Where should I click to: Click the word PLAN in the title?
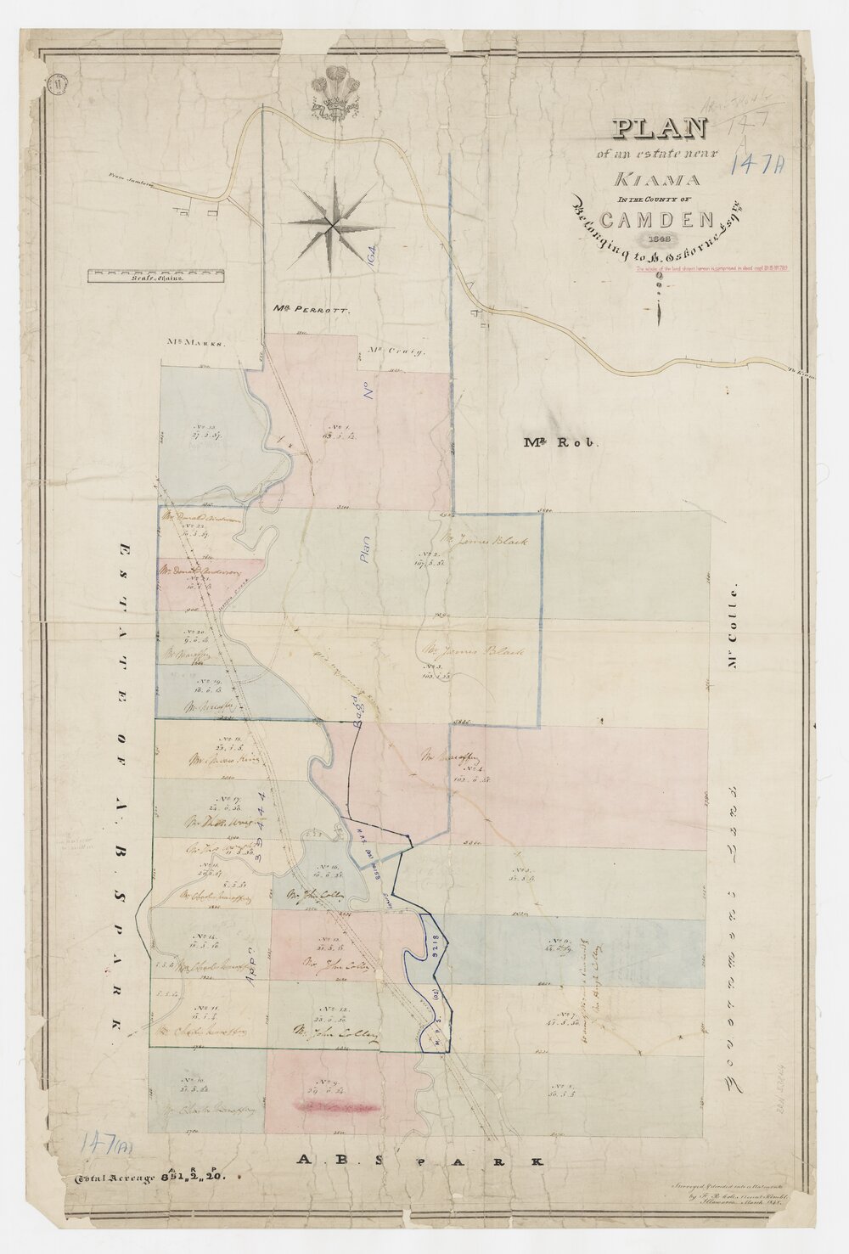point(661,128)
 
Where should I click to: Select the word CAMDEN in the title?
point(660,219)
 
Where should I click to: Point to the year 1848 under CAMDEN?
point(659,238)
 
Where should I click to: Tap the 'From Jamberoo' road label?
point(133,178)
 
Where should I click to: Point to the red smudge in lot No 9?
point(335,1105)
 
